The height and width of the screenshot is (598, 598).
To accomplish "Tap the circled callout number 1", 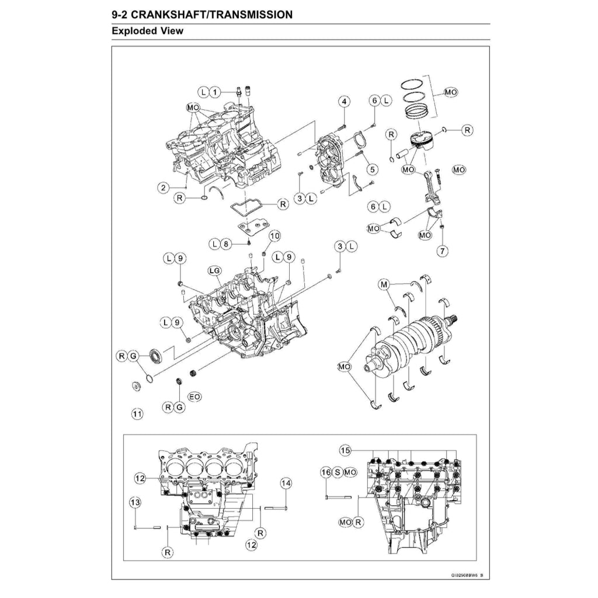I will coord(214,92).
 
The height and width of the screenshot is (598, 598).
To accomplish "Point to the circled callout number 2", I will coord(165,187).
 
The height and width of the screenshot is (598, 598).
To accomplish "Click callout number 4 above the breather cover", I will coord(344,102).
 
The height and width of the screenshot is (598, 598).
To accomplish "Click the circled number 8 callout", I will coord(228,243).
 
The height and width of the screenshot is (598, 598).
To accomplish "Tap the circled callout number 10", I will coord(274,235).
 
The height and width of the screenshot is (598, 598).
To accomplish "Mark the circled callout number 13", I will coord(135,503).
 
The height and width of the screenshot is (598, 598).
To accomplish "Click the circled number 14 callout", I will coord(285,483).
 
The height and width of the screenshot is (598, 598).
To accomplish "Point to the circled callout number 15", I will coord(345,450).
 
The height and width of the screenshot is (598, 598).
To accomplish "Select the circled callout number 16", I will coord(326,471).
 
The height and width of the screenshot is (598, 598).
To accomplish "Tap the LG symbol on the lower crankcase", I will coord(214,270).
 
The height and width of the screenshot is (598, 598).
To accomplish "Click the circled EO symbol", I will coord(194,397).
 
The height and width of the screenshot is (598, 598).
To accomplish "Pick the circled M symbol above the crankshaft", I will coord(384,284).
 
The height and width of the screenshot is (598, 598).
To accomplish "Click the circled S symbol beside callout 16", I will coord(338,471).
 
